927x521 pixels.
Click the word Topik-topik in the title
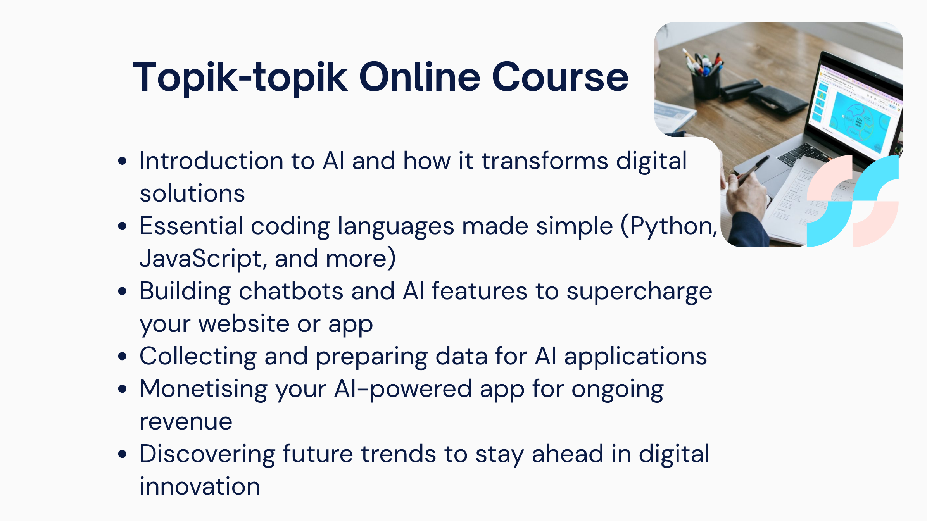240,78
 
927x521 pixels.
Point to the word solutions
192,193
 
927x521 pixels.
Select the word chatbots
291,291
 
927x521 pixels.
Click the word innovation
200,486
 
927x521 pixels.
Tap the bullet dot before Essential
123,226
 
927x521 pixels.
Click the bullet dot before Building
123,291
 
